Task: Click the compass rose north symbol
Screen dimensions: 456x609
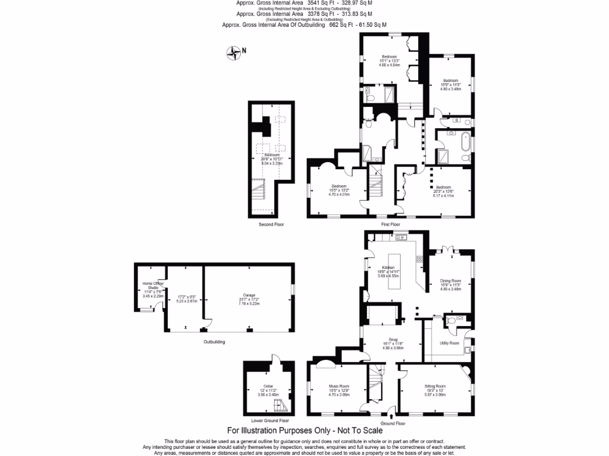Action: coord(234,53)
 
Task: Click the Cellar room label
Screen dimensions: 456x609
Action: coord(262,386)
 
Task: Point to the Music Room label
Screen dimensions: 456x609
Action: coord(339,387)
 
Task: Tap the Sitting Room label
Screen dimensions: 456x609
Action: coord(435,386)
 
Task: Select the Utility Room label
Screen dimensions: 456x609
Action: coord(449,343)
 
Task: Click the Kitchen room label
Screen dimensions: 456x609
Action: coord(388,268)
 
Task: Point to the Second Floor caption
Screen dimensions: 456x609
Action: coord(271,225)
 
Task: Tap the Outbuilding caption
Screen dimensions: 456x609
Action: coord(214,342)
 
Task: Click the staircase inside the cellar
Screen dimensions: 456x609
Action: coord(280,406)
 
